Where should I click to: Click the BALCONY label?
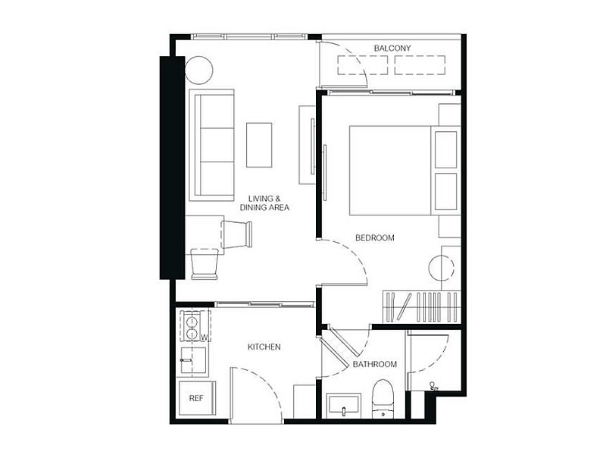coord(392,49)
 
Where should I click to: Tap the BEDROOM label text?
coord(374,237)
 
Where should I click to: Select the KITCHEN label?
coord(264,347)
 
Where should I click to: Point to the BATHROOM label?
coord(374,364)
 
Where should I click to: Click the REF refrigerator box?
coord(197,398)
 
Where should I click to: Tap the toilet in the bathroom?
coord(383,399)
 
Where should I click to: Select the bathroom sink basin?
coord(344,406)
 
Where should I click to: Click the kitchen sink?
coord(193,360)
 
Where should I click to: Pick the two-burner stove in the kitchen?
coord(192,327)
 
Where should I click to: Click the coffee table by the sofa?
coord(259,145)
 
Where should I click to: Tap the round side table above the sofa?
coord(198,70)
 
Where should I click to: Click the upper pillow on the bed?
coord(445,149)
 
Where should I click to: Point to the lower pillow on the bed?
coord(445,191)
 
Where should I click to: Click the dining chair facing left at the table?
coord(236,234)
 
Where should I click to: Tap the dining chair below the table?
coord(205,264)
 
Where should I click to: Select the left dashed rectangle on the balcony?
coord(363,65)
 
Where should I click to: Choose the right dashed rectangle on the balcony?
coord(420,65)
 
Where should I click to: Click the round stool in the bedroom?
coord(442,268)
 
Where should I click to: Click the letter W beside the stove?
coord(205,337)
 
